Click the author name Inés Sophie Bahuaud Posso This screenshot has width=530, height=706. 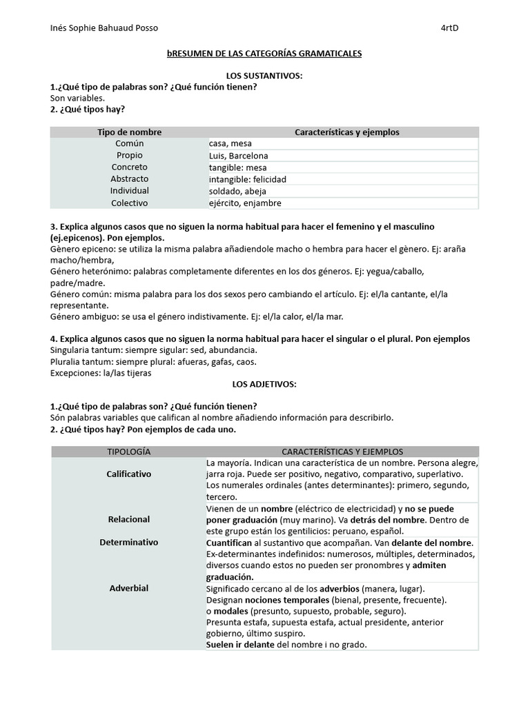104,28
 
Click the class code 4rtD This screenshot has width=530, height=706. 450,28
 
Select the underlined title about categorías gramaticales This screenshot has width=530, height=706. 264,53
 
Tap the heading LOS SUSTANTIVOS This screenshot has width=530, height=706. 264,75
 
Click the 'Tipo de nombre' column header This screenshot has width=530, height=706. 129,132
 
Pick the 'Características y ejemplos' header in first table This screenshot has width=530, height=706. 346,132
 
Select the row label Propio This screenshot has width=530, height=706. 130,156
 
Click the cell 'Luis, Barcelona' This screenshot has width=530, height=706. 239,156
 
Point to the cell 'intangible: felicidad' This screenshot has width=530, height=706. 247,179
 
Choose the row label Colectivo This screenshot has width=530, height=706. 130,203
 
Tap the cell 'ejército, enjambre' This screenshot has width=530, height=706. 245,203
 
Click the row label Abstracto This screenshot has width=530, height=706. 130,179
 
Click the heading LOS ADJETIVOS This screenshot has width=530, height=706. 264,384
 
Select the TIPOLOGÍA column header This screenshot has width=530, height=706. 128,452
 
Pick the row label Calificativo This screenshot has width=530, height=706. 129,474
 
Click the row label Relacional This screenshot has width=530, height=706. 129,519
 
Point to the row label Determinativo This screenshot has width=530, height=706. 129,543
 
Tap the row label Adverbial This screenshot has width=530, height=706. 129,588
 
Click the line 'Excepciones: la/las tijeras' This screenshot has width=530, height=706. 101,373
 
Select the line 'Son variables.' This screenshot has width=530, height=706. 77,99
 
